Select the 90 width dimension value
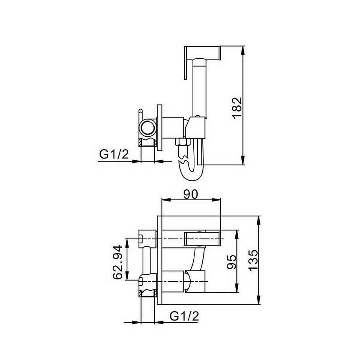(191, 194)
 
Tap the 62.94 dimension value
(118, 262)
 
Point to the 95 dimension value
(231, 262)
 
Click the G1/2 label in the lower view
(184, 316)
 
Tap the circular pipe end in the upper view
(147, 128)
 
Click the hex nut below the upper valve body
(182, 142)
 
